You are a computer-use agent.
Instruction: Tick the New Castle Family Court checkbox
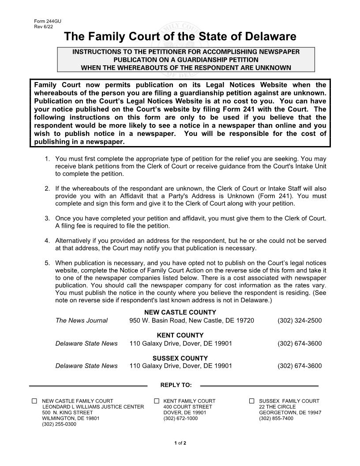(x=34, y=401)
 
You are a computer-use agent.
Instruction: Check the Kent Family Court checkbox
(x=157, y=401)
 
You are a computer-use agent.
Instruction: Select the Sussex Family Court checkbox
(x=252, y=401)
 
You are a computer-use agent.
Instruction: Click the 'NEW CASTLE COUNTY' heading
(x=174, y=312)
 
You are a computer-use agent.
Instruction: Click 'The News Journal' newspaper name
(x=81, y=320)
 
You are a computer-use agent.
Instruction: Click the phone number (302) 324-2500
(x=300, y=320)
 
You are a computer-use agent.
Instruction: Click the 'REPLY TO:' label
(x=176, y=385)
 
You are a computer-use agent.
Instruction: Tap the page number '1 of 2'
(x=180, y=443)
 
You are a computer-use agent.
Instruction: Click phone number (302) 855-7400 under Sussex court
(x=276, y=418)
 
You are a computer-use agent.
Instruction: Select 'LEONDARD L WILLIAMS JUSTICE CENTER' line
(x=93, y=407)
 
